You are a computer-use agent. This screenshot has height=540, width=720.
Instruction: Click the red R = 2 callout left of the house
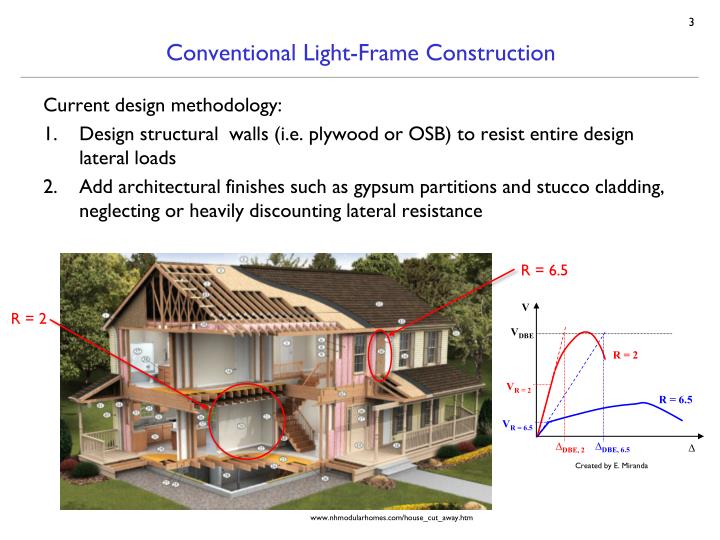(31, 321)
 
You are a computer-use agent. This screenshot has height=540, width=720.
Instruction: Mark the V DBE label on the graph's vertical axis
(523, 334)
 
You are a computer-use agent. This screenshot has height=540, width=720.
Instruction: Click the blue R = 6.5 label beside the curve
(675, 399)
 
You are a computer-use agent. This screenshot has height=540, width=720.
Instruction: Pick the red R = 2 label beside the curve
(627, 355)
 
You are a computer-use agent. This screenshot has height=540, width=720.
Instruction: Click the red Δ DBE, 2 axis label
(570, 449)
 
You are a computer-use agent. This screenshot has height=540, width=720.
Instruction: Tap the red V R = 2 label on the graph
(519, 387)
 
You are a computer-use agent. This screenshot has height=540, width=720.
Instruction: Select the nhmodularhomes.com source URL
(392, 519)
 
